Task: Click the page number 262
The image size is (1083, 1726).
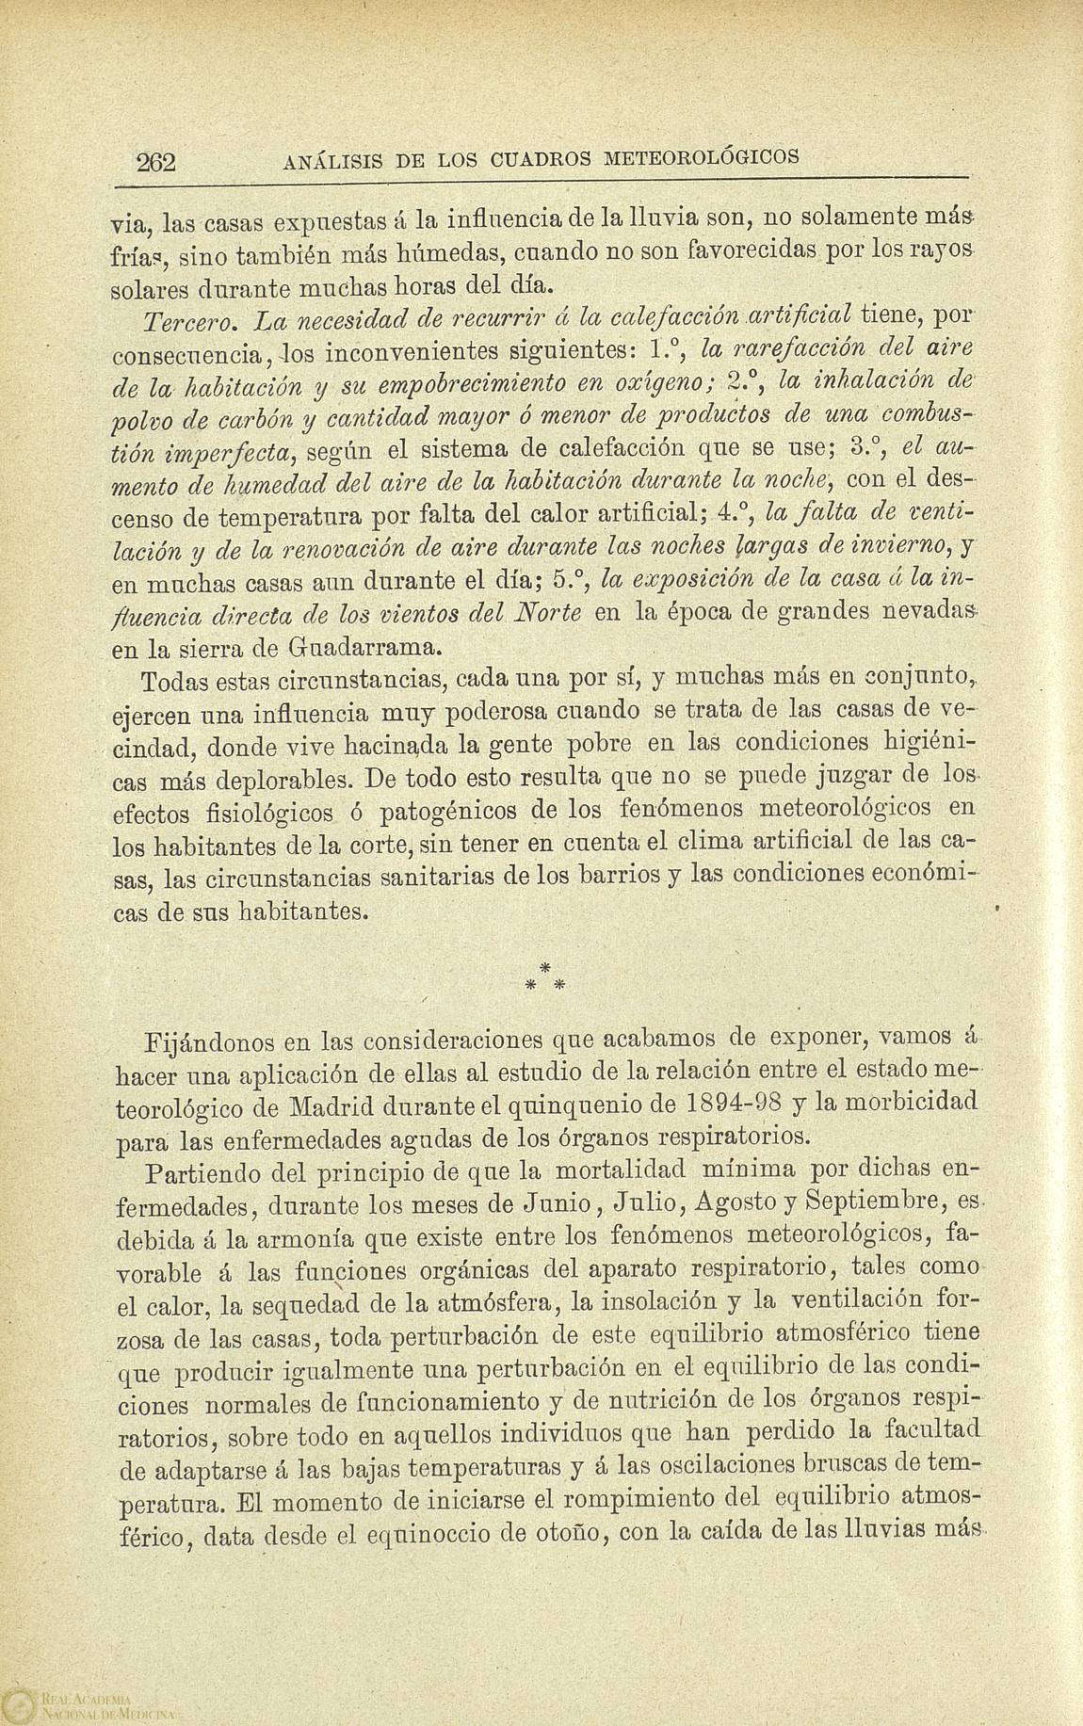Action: pos(157,161)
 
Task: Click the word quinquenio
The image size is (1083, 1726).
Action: pos(616,1104)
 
